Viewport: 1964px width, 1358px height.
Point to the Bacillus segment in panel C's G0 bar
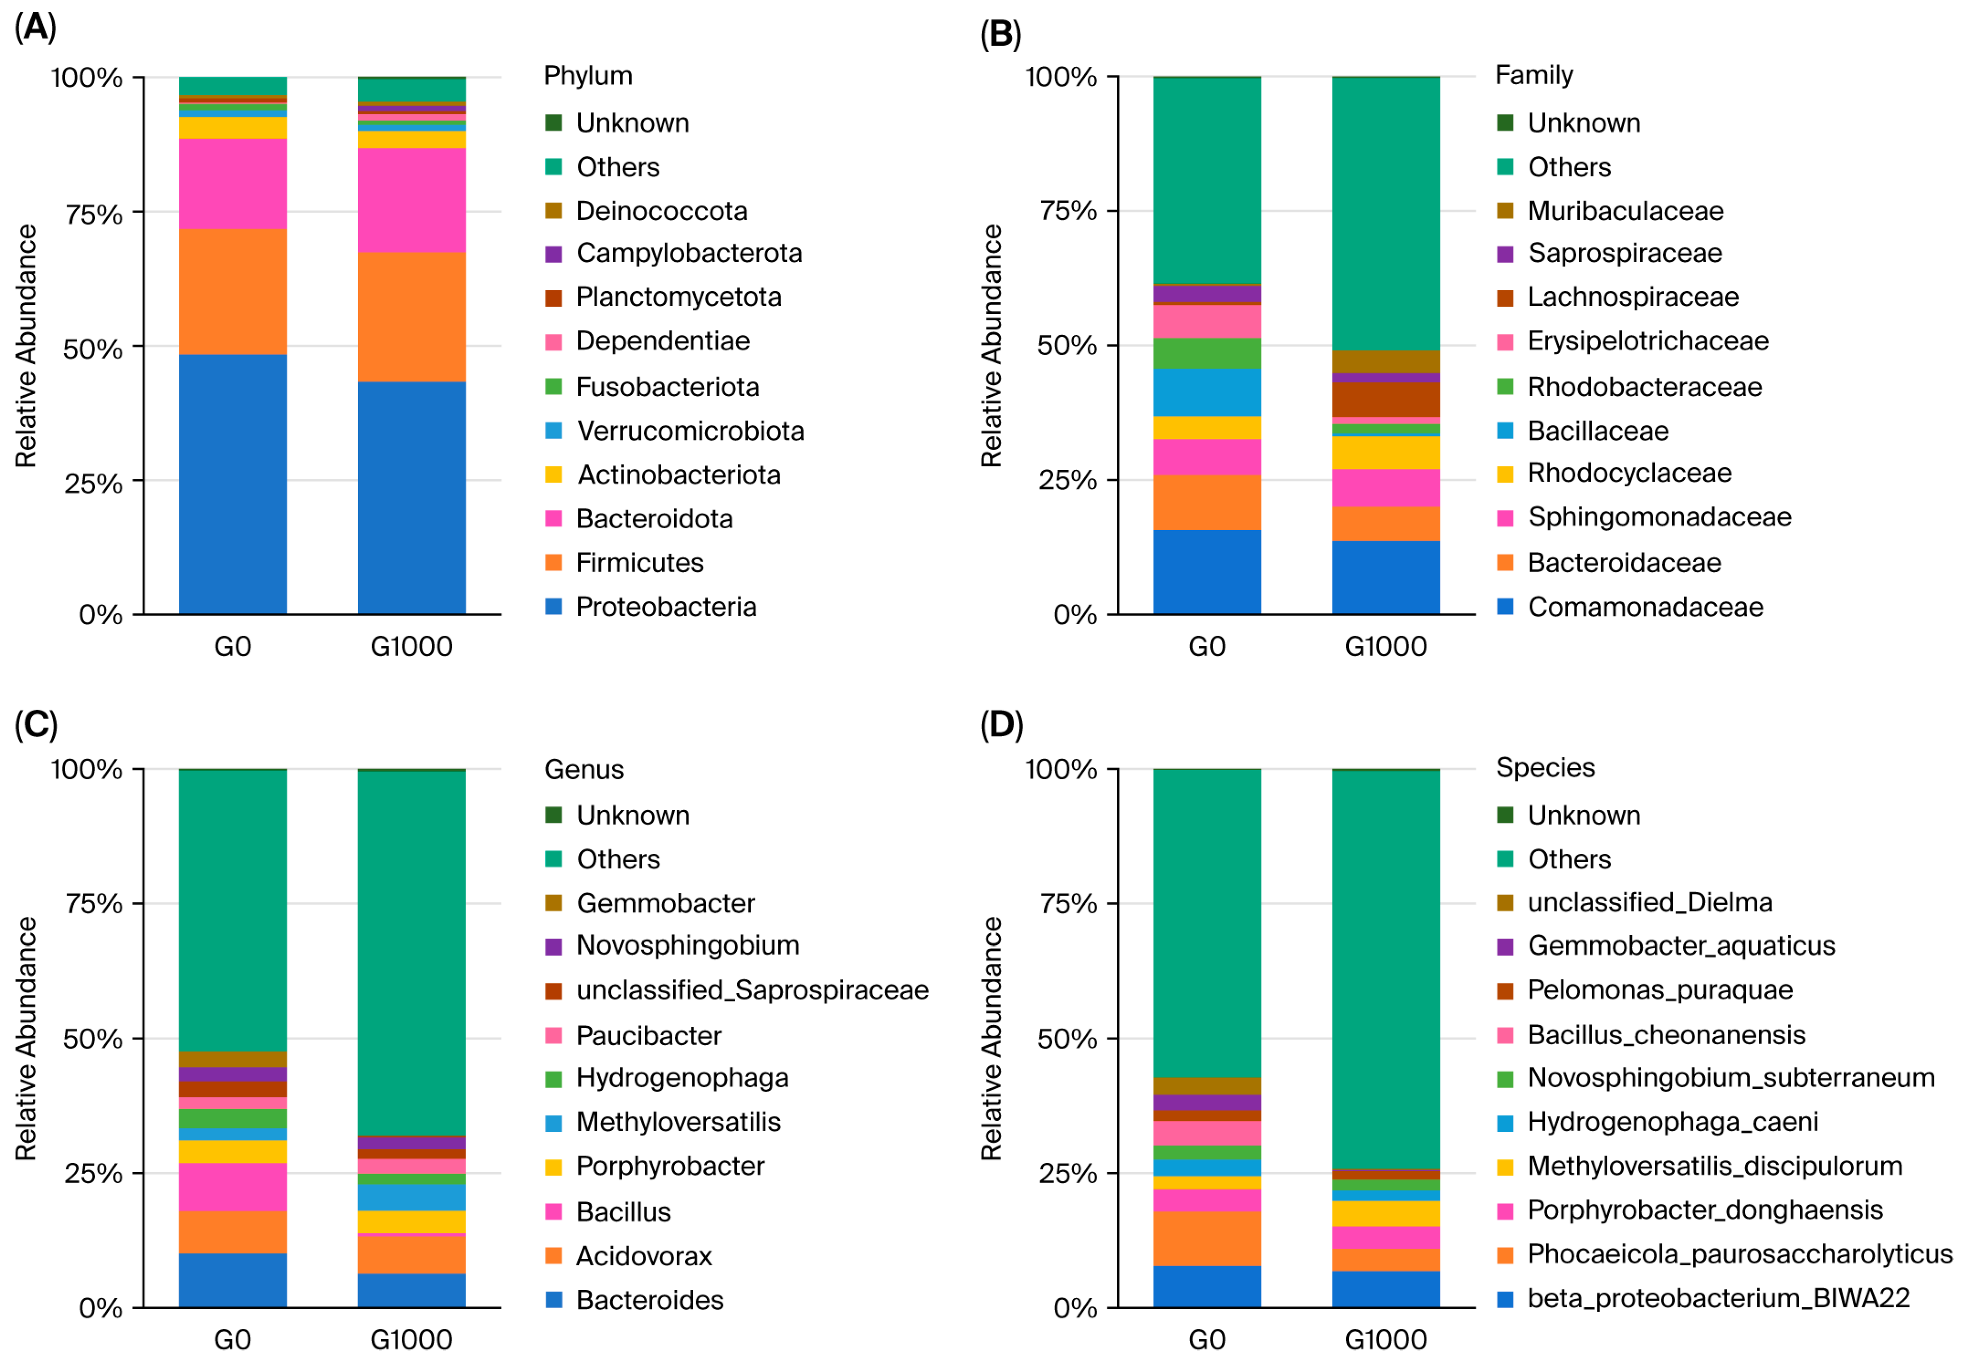coord(232,1186)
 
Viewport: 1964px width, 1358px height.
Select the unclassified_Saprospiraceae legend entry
coord(737,991)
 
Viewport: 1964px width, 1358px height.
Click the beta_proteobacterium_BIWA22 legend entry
coord(1703,1298)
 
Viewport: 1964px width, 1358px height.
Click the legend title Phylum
coord(588,76)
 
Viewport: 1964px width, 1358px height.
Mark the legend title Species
coord(1545,768)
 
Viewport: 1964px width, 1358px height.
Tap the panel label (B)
coord(1000,34)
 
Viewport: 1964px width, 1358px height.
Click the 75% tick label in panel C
coord(94,904)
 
